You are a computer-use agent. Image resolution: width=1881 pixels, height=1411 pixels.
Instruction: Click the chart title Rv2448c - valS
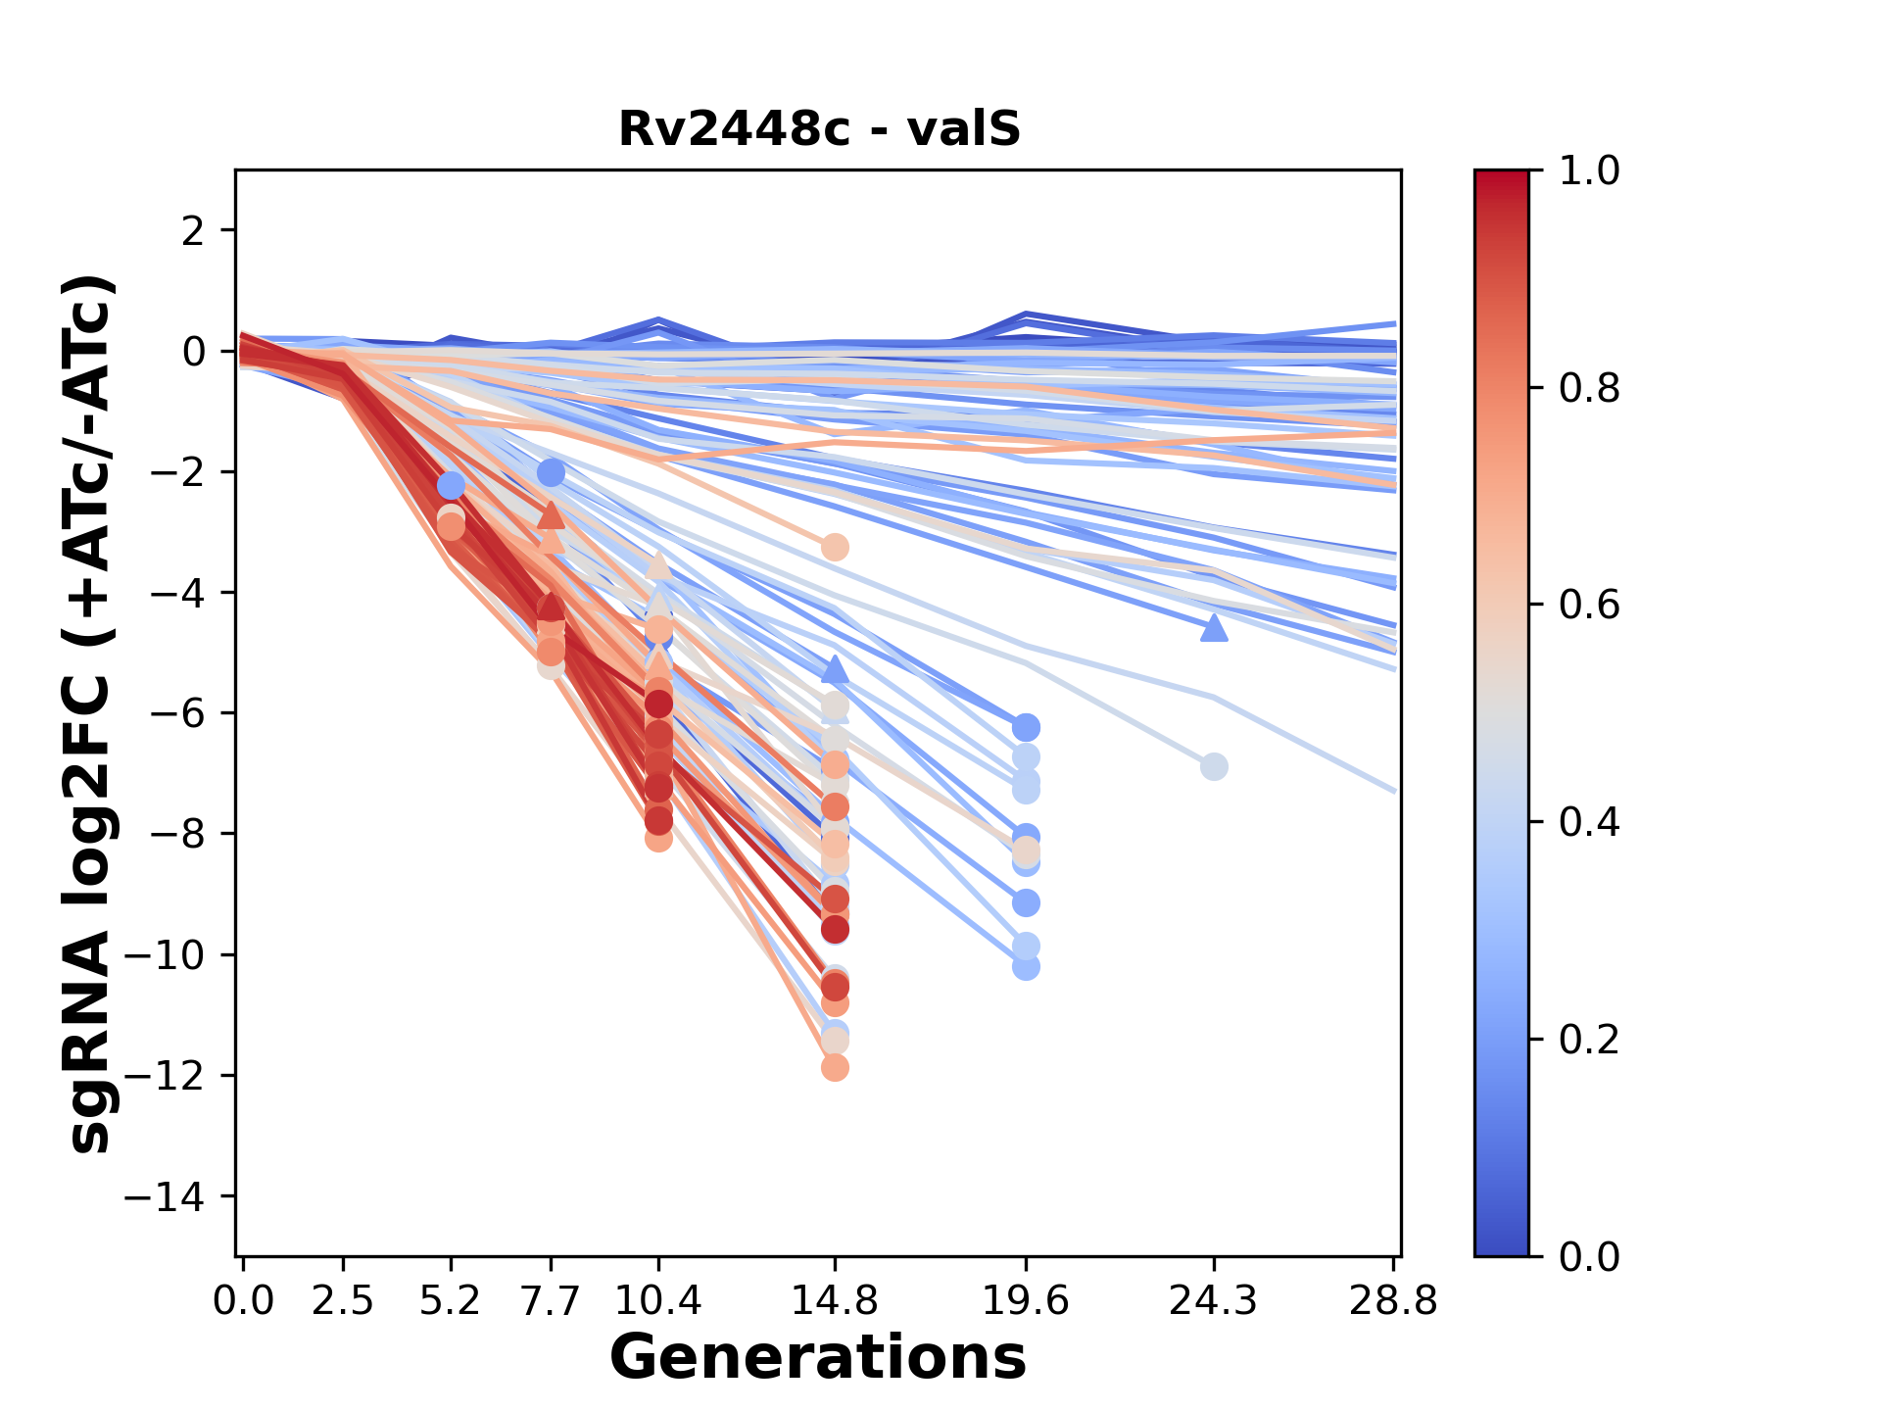[x=819, y=129]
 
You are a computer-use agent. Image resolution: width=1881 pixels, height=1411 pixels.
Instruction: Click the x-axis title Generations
[x=818, y=1358]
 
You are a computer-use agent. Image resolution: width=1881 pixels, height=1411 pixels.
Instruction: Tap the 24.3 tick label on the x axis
[x=1213, y=1301]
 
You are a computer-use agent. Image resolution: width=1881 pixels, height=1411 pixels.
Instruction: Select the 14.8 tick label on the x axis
[x=834, y=1301]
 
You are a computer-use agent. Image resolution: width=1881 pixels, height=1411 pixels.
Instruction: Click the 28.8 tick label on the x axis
[x=1393, y=1301]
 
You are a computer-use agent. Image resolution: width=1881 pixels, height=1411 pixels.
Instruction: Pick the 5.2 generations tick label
[x=450, y=1301]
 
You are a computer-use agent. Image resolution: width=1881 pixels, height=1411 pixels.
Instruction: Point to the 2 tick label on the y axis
[x=193, y=230]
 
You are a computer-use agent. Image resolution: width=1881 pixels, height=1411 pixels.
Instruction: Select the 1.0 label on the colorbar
[x=1589, y=171]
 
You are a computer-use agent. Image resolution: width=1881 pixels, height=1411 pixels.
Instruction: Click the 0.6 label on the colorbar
[x=1589, y=606]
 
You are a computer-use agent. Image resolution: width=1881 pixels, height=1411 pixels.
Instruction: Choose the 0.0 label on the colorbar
[x=1589, y=1256]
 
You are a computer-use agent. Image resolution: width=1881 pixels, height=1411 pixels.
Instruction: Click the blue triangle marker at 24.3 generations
[x=1214, y=628]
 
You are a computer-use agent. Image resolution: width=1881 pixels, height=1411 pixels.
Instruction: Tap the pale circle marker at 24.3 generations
[x=1214, y=766]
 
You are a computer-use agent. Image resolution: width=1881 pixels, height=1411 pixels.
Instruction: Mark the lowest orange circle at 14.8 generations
[x=835, y=1067]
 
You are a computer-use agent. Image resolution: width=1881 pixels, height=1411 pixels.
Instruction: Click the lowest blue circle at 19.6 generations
[x=1026, y=967]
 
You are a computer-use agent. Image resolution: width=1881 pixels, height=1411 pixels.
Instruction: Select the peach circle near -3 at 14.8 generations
[x=835, y=547]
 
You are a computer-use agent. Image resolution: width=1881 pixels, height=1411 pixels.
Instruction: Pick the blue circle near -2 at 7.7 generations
[x=552, y=473]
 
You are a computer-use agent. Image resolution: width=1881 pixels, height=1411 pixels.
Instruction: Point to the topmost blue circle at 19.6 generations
[x=1026, y=727]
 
